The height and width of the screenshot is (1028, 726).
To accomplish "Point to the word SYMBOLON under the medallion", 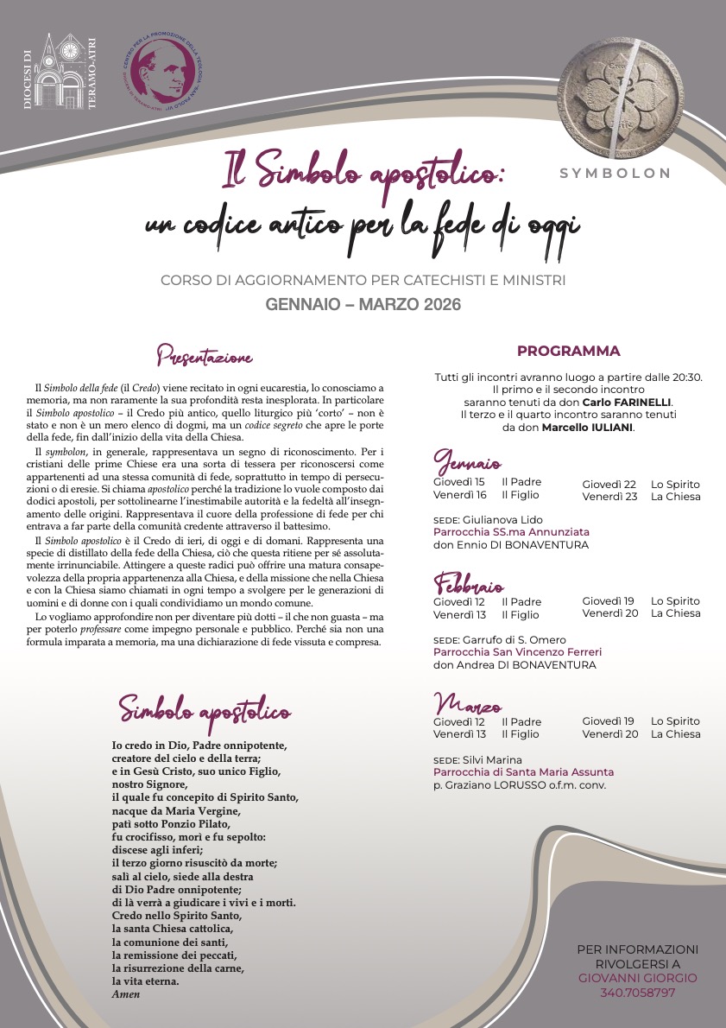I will (x=616, y=173).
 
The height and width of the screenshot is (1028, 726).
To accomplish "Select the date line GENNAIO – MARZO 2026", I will (x=363, y=304).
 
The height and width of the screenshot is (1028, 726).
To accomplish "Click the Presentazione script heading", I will (x=205, y=355).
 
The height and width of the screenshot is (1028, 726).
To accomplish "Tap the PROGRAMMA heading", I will (x=568, y=351).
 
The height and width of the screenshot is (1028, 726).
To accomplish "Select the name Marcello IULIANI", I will (x=588, y=427).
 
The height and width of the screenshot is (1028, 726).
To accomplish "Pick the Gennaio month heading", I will (x=467, y=461).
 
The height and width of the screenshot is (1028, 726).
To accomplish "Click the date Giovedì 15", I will (x=458, y=483).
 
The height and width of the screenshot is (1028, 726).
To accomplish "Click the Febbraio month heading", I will (x=469, y=583).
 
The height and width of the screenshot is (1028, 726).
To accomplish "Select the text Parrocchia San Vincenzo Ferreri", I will (x=517, y=652).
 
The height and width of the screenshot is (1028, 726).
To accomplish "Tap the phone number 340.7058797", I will (x=637, y=993).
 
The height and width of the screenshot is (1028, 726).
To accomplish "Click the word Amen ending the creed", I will (x=126, y=994).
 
